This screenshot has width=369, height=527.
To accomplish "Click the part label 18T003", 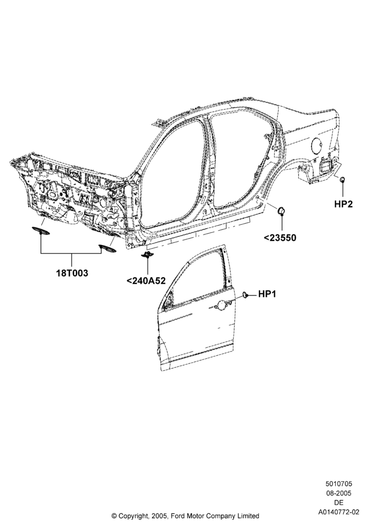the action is (x=72, y=273).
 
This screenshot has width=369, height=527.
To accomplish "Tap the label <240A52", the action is (x=146, y=280).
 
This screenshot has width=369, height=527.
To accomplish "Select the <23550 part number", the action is (x=280, y=238).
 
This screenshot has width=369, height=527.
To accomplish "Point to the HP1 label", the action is (x=267, y=294).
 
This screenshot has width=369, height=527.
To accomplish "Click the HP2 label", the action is (x=344, y=203).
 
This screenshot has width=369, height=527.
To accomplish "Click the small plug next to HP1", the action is (x=245, y=295).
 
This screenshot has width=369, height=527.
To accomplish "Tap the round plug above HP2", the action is (x=343, y=179).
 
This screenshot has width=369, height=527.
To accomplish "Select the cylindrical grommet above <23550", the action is (x=281, y=211).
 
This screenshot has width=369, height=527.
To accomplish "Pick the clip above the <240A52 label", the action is (x=147, y=255).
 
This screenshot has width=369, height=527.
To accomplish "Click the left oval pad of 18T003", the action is (x=41, y=231).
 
